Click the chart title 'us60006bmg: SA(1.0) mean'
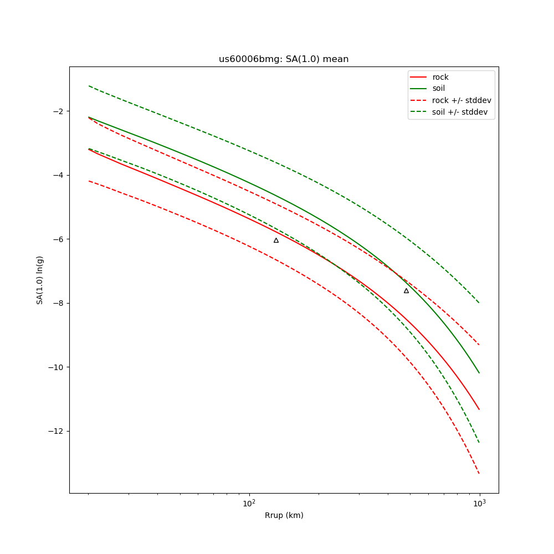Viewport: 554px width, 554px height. tap(284, 59)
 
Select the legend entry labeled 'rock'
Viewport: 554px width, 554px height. tap(440, 77)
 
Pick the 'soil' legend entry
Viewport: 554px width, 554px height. tap(438, 89)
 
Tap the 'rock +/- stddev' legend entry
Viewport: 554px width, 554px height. tap(461, 100)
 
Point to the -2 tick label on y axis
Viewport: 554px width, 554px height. tap(58, 111)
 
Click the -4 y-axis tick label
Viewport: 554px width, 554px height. tap(58, 175)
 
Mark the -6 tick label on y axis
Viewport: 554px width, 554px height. tap(58, 239)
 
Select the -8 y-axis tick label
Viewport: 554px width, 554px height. tap(58, 303)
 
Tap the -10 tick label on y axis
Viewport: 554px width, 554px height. tap(56, 367)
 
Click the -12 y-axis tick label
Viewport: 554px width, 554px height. tap(56, 431)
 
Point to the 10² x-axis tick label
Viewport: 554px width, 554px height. tap(249, 503)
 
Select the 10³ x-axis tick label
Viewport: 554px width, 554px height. tap(479, 503)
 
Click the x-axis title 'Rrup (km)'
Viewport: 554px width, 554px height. tap(284, 516)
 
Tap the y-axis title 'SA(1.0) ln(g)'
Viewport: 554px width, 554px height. tap(40, 280)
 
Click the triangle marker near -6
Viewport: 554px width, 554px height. tap(276, 240)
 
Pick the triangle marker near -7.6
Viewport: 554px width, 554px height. tap(406, 290)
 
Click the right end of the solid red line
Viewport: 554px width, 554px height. tap(479, 409)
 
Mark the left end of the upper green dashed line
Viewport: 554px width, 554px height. tap(89, 86)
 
